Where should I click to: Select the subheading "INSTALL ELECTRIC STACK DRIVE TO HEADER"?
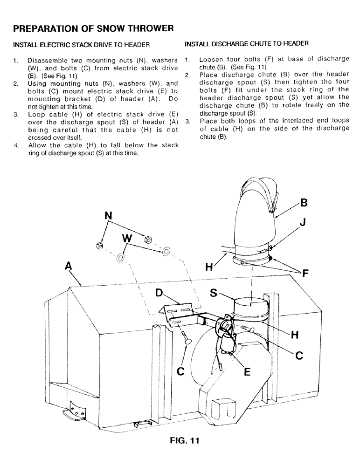tap(81, 45)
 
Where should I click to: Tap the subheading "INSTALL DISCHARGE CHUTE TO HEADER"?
tap(247, 44)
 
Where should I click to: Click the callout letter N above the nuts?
tap(108, 216)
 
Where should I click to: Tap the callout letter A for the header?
tap(69, 266)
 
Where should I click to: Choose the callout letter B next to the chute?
tap(304, 203)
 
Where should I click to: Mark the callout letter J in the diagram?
tap(302, 223)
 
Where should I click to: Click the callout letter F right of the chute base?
tap(306, 274)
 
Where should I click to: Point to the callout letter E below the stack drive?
tap(247, 371)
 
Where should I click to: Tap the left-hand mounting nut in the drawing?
tap(99, 246)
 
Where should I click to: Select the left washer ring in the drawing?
tap(120, 257)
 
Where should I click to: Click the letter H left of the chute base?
tap(209, 267)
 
